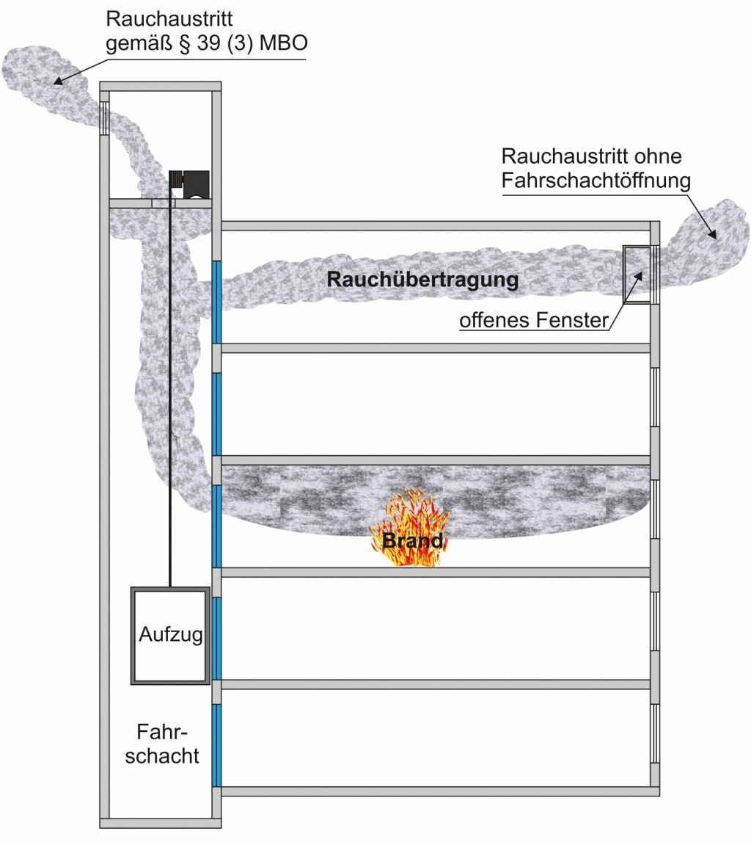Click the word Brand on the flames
tap(412, 542)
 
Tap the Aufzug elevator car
tap(170, 636)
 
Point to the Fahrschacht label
tap(168, 744)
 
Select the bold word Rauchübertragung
tap(422, 280)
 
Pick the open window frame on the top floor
tap(637, 275)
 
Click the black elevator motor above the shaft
tap(189, 184)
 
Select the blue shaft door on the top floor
tap(216, 301)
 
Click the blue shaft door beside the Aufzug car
tap(216, 637)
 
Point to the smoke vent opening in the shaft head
tap(104, 117)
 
